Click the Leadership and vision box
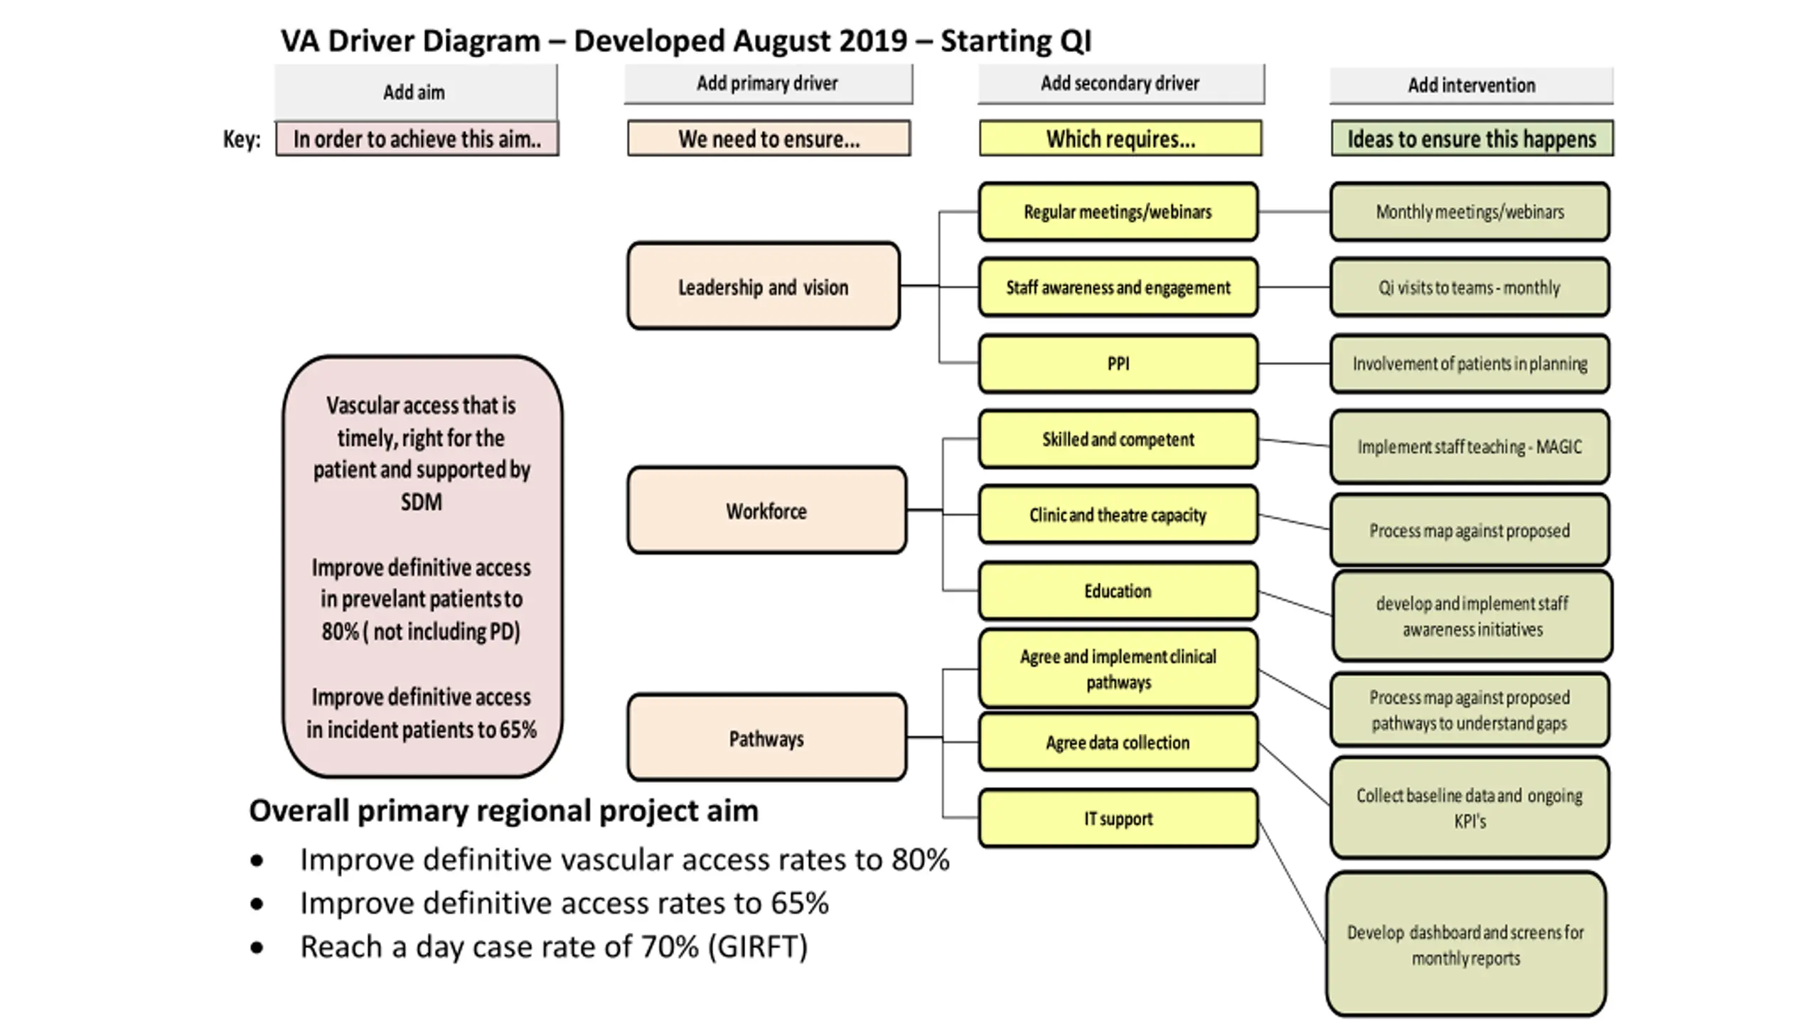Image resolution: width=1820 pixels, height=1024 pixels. tap(764, 286)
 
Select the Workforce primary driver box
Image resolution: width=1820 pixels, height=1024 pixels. tap(766, 511)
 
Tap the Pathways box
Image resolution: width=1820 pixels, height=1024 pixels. tap(766, 737)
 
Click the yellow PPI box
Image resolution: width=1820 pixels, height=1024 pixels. tap(1118, 363)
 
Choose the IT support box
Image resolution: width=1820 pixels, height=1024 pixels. tap(1118, 818)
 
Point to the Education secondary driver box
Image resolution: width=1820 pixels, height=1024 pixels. tap(1118, 590)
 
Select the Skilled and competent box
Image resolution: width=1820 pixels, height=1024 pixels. tap(1118, 439)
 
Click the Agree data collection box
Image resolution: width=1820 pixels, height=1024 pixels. tap(1118, 742)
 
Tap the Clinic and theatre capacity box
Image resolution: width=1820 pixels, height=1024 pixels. tap(1118, 514)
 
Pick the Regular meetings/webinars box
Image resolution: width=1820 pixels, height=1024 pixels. tap(1118, 211)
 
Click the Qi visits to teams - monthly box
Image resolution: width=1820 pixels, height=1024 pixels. tap(1470, 287)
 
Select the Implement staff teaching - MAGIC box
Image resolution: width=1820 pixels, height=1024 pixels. tap(1470, 447)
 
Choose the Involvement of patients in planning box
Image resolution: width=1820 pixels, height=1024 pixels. tap(1470, 363)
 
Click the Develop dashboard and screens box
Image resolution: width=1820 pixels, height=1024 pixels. tap(1466, 944)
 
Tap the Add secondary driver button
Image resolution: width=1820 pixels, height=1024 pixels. tap(1121, 84)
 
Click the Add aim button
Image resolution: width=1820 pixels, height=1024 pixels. tap(416, 92)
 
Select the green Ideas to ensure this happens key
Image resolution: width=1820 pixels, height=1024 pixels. tap(1472, 138)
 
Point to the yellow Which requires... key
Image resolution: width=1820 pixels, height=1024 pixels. tap(1120, 138)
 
